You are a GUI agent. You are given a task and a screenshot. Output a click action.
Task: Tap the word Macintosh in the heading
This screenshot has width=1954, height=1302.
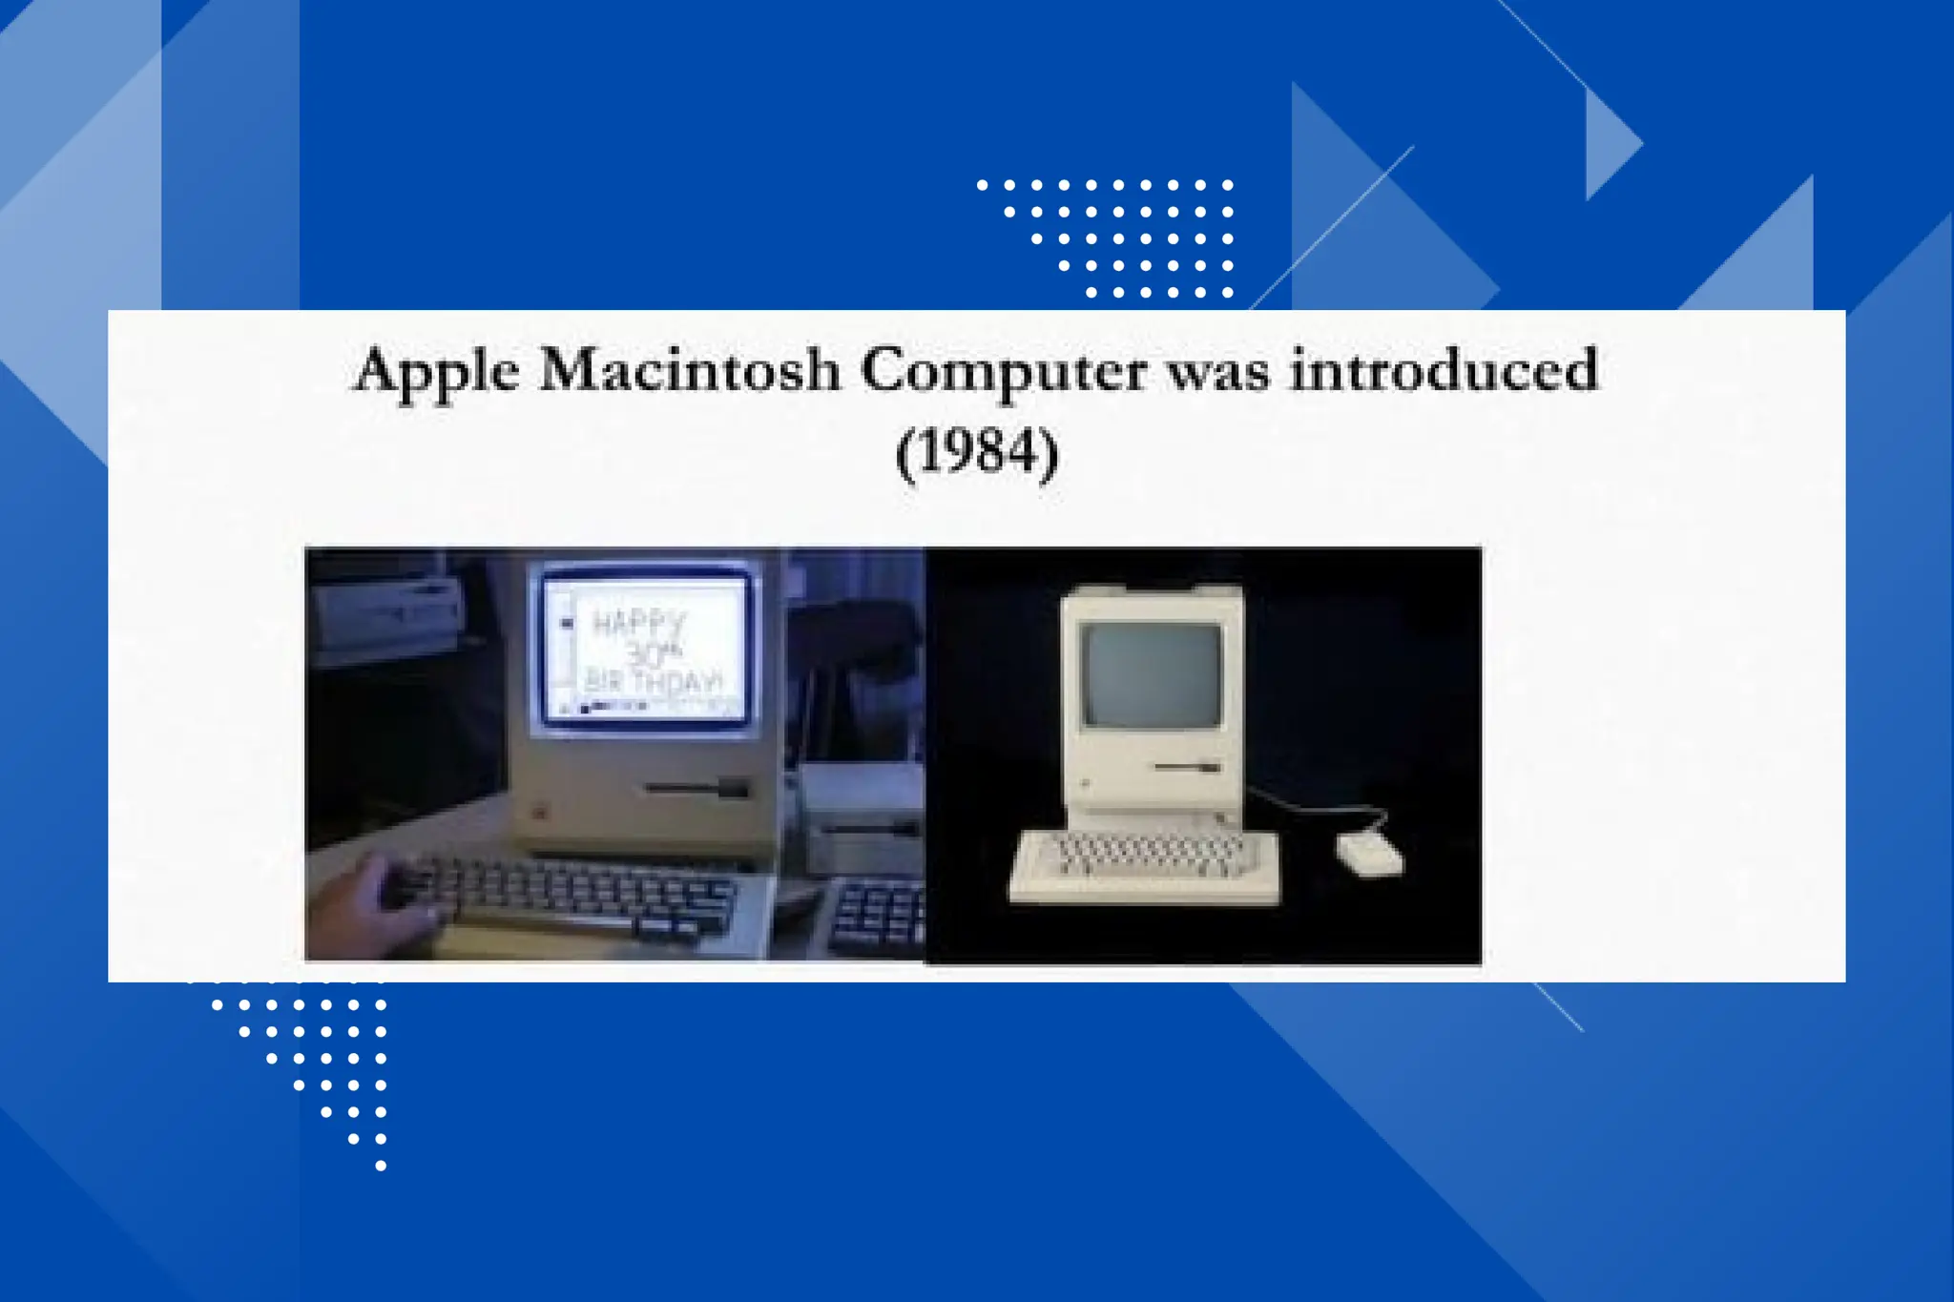689,370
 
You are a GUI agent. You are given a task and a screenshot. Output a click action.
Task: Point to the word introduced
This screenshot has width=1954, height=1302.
1444,370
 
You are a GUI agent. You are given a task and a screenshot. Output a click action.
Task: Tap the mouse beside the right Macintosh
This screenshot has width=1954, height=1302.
1367,852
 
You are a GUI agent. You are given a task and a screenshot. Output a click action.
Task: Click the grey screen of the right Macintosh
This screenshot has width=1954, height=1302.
1152,673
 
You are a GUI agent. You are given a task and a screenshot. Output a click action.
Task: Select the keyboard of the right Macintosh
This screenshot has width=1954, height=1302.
1145,865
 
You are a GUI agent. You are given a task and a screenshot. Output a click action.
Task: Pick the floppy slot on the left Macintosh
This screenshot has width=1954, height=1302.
696,788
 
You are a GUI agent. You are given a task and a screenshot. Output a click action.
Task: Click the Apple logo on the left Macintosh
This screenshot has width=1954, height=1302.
538,812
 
